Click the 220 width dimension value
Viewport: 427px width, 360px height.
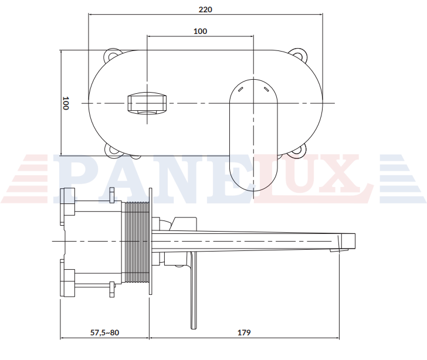point(205,9)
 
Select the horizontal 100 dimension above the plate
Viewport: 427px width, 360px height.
point(200,31)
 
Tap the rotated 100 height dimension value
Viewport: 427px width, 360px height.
point(65,103)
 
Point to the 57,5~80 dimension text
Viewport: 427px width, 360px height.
point(104,332)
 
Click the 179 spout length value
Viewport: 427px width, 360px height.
point(244,332)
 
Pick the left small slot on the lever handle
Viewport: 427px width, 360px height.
point(240,89)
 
